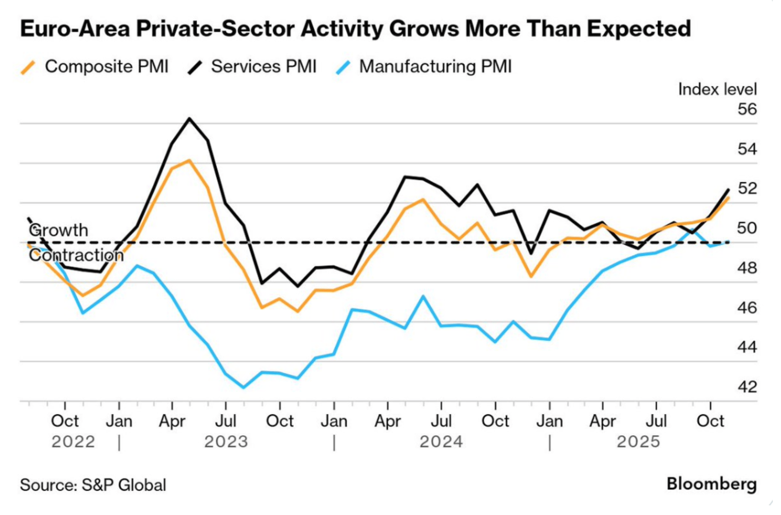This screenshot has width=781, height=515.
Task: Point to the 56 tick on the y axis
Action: coord(747,109)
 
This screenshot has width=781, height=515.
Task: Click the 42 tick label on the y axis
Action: coord(747,387)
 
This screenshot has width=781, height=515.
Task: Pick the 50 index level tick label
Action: coord(747,228)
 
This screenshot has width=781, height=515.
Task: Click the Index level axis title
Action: coord(717,89)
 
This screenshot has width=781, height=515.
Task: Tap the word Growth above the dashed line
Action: coord(58,230)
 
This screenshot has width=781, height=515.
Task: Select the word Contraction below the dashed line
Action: coord(76,255)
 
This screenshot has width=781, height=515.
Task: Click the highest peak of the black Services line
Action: coord(189,119)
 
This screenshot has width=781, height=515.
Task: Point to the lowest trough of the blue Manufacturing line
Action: coord(244,387)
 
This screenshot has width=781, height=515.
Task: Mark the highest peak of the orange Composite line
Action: coord(189,161)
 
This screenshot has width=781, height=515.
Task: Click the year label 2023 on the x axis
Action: coord(226,442)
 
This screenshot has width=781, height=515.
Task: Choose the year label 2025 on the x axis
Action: coord(638,442)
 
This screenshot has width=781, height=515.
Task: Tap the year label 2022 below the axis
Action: coord(73,442)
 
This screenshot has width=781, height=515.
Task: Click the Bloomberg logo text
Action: coord(711,484)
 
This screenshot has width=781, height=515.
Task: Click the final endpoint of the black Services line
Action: coord(729,189)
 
